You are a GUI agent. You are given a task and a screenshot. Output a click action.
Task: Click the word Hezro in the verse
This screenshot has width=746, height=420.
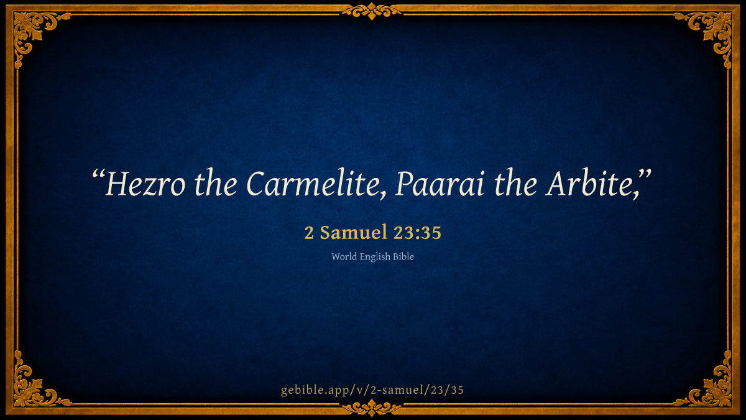pyautogui.click(x=145, y=184)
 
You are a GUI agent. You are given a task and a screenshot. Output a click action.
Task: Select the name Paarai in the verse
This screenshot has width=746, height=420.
pyautogui.click(x=440, y=184)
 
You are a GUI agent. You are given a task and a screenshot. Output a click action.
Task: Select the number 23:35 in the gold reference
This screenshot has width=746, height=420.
pyautogui.click(x=417, y=233)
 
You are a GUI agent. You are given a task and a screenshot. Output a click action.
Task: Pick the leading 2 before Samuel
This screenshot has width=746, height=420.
pyautogui.click(x=309, y=233)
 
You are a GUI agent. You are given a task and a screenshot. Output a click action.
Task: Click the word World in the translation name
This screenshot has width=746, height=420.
pyautogui.click(x=344, y=256)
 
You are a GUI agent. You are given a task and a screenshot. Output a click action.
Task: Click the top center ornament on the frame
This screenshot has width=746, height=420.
pyautogui.click(x=372, y=11)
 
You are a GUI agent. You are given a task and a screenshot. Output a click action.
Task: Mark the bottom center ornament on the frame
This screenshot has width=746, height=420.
pyautogui.click(x=372, y=408)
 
